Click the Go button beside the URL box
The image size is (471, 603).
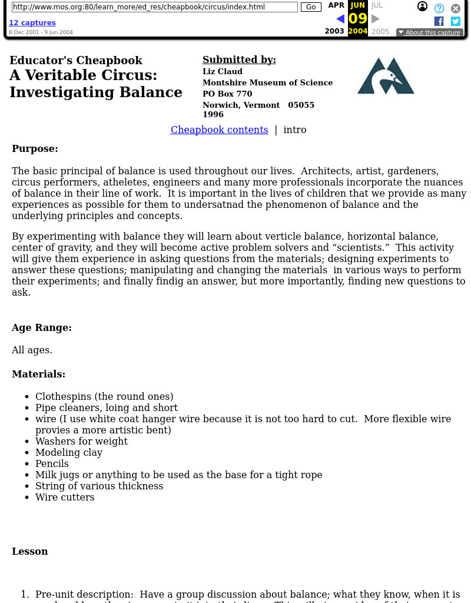(x=311, y=7)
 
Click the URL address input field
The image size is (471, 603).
(x=154, y=7)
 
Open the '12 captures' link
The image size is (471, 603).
(x=32, y=23)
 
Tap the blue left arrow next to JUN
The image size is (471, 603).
(x=340, y=19)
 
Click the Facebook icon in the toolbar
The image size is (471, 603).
(x=439, y=21)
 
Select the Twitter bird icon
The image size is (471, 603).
(x=456, y=21)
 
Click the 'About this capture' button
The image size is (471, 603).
(x=429, y=32)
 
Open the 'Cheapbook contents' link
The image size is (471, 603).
(x=219, y=130)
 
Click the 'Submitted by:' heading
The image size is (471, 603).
(x=239, y=60)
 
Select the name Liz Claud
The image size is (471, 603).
(x=223, y=72)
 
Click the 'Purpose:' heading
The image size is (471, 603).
(x=35, y=149)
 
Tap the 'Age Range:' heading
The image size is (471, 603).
(x=42, y=328)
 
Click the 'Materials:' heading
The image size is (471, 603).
(x=38, y=375)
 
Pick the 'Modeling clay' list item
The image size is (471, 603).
(x=69, y=453)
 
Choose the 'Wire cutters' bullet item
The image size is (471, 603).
(x=65, y=498)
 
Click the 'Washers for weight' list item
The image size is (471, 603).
(x=81, y=442)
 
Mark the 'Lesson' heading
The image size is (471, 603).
(x=30, y=552)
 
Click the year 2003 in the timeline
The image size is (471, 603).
(x=334, y=32)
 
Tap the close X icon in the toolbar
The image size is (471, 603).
(x=456, y=8)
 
